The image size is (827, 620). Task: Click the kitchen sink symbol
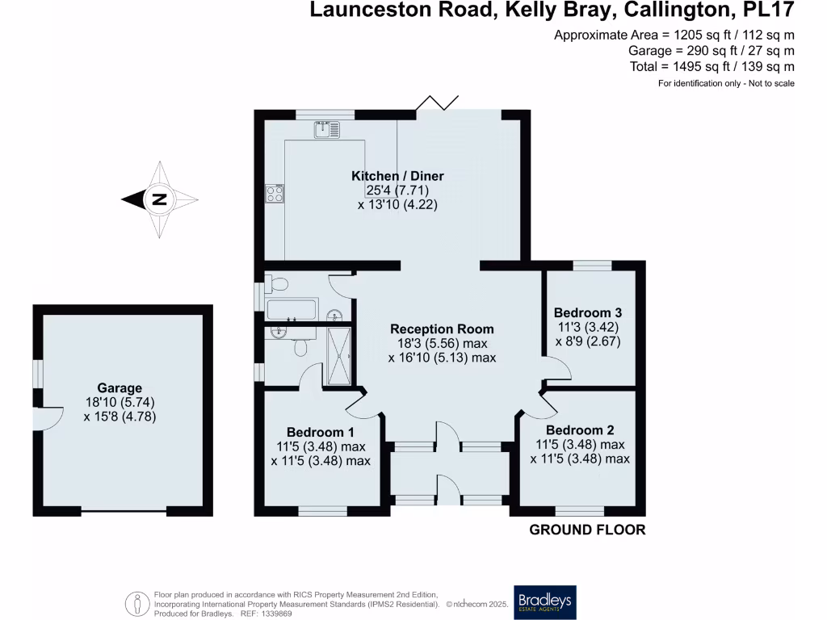click(x=327, y=128)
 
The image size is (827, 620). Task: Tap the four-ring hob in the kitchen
click(x=275, y=194)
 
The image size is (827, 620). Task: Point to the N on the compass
click(x=159, y=199)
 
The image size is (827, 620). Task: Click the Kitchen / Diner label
click(x=397, y=176)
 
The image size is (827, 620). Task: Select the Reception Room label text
click(x=442, y=329)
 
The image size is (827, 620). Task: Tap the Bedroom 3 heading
click(x=587, y=313)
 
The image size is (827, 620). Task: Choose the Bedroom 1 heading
click(x=321, y=431)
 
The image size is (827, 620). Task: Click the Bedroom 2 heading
click(x=579, y=430)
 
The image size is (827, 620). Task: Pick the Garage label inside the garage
click(x=120, y=388)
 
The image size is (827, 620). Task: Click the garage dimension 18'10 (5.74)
click(x=120, y=403)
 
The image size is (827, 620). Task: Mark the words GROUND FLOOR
click(x=587, y=530)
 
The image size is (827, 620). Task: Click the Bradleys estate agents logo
click(x=545, y=601)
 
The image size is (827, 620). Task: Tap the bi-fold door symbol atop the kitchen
click(x=436, y=103)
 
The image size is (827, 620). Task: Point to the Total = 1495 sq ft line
click(x=713, y=67)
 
